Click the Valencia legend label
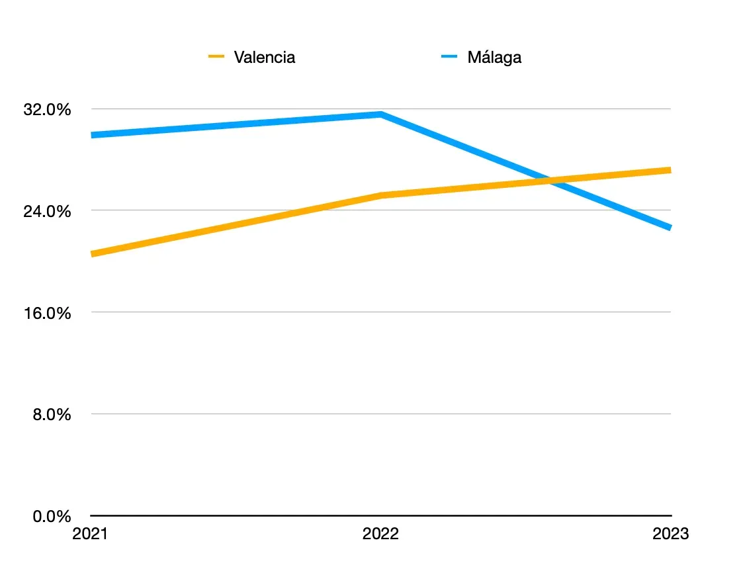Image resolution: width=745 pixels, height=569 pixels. click(264, 58)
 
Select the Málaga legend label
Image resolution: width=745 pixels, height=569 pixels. click(494, 58)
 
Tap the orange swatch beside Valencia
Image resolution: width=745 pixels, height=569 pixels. click(216, 56)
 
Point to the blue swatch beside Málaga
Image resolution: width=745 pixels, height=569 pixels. click(449, 56)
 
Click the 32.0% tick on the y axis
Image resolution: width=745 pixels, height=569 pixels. click(47, 109)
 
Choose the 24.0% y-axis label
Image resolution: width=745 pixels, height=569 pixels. click(47, 211)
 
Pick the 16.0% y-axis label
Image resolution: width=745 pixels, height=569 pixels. click(47, 313)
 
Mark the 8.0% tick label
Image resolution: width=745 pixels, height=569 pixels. click(52, 415)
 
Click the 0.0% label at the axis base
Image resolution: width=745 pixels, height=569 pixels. click(52, 516)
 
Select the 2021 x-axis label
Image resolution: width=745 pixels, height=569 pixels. click(90, 534)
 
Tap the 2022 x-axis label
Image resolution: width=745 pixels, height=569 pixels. click(380, 534)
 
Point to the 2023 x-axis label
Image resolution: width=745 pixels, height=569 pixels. click(670, 534)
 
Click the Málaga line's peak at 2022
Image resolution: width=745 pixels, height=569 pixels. click(381, 114)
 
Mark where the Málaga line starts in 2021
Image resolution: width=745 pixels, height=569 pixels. click(92, 136)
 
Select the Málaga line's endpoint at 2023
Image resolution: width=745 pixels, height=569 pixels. click(670, 228)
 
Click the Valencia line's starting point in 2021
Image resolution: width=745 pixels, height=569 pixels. click(92, 254)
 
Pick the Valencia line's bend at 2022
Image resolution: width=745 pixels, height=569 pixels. click(381, 195)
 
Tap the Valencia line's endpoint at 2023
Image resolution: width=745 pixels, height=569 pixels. click(670, 170)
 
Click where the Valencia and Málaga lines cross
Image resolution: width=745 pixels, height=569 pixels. click(550, 181)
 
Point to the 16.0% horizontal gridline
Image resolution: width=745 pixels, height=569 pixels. click(381, 312)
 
